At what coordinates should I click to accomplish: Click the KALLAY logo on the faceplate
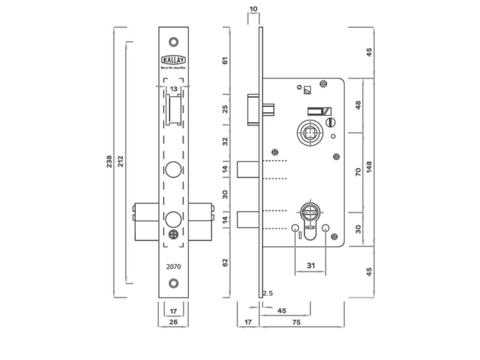tap(173, 60)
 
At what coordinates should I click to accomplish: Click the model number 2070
tap(173, 267)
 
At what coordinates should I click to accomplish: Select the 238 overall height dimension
tap(109, 161)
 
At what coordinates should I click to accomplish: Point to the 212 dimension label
tap(120, 161)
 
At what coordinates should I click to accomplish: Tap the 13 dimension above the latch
tap(173, 89)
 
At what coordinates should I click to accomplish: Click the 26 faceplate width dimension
tap(173, 322)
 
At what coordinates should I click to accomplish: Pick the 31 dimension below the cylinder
tap(311, 265)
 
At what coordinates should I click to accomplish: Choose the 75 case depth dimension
tap(296, 322)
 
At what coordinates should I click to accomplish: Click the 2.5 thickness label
tap(268, 293)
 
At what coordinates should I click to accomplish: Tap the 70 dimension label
tap(358, 172)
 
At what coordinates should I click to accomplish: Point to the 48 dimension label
tap(358, 105)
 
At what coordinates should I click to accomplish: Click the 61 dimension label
tap(225, 60)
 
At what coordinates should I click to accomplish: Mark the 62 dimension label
tap(225, 262)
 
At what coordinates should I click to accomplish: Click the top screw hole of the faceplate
tap(173, 42)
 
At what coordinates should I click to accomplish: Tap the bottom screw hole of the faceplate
tap(173, 283)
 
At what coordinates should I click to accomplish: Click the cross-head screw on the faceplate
tap(173, 234)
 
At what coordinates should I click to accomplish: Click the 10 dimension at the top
tap(253, 9)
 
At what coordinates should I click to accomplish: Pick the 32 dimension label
tap(225, 141)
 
